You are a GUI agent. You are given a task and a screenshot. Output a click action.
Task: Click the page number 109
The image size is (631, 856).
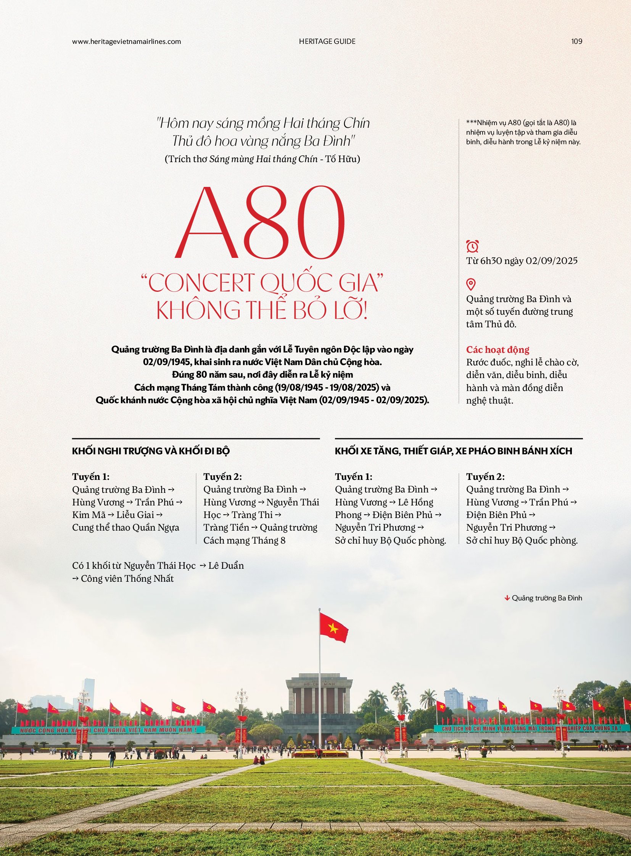coord(577,41)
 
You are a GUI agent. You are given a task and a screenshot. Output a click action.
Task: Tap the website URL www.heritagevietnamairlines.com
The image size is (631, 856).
coord(126,41)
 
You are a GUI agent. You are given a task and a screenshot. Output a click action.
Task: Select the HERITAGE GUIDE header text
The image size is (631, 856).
coord(327,41)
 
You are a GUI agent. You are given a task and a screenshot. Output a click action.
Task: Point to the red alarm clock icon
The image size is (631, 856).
coord(472,246)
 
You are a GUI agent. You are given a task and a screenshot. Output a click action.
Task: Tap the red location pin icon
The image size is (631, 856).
coord(471,284)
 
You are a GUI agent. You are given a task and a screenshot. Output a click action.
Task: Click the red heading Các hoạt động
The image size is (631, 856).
coord(498,349)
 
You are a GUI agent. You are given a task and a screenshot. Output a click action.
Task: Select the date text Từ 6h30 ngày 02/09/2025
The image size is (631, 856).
coord(522,261)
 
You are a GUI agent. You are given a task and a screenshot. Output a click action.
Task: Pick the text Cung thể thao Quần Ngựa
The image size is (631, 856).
coord(126,528)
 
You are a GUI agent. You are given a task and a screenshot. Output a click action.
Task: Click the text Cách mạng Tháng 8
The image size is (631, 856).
coord(244,541)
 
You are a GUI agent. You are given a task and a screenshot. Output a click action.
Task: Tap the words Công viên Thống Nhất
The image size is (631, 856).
coord(127,579)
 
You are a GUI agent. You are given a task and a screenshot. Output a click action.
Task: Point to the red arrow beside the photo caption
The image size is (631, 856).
coord(507,598)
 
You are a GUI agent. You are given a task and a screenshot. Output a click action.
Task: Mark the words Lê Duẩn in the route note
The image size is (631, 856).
coord(226,566)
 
